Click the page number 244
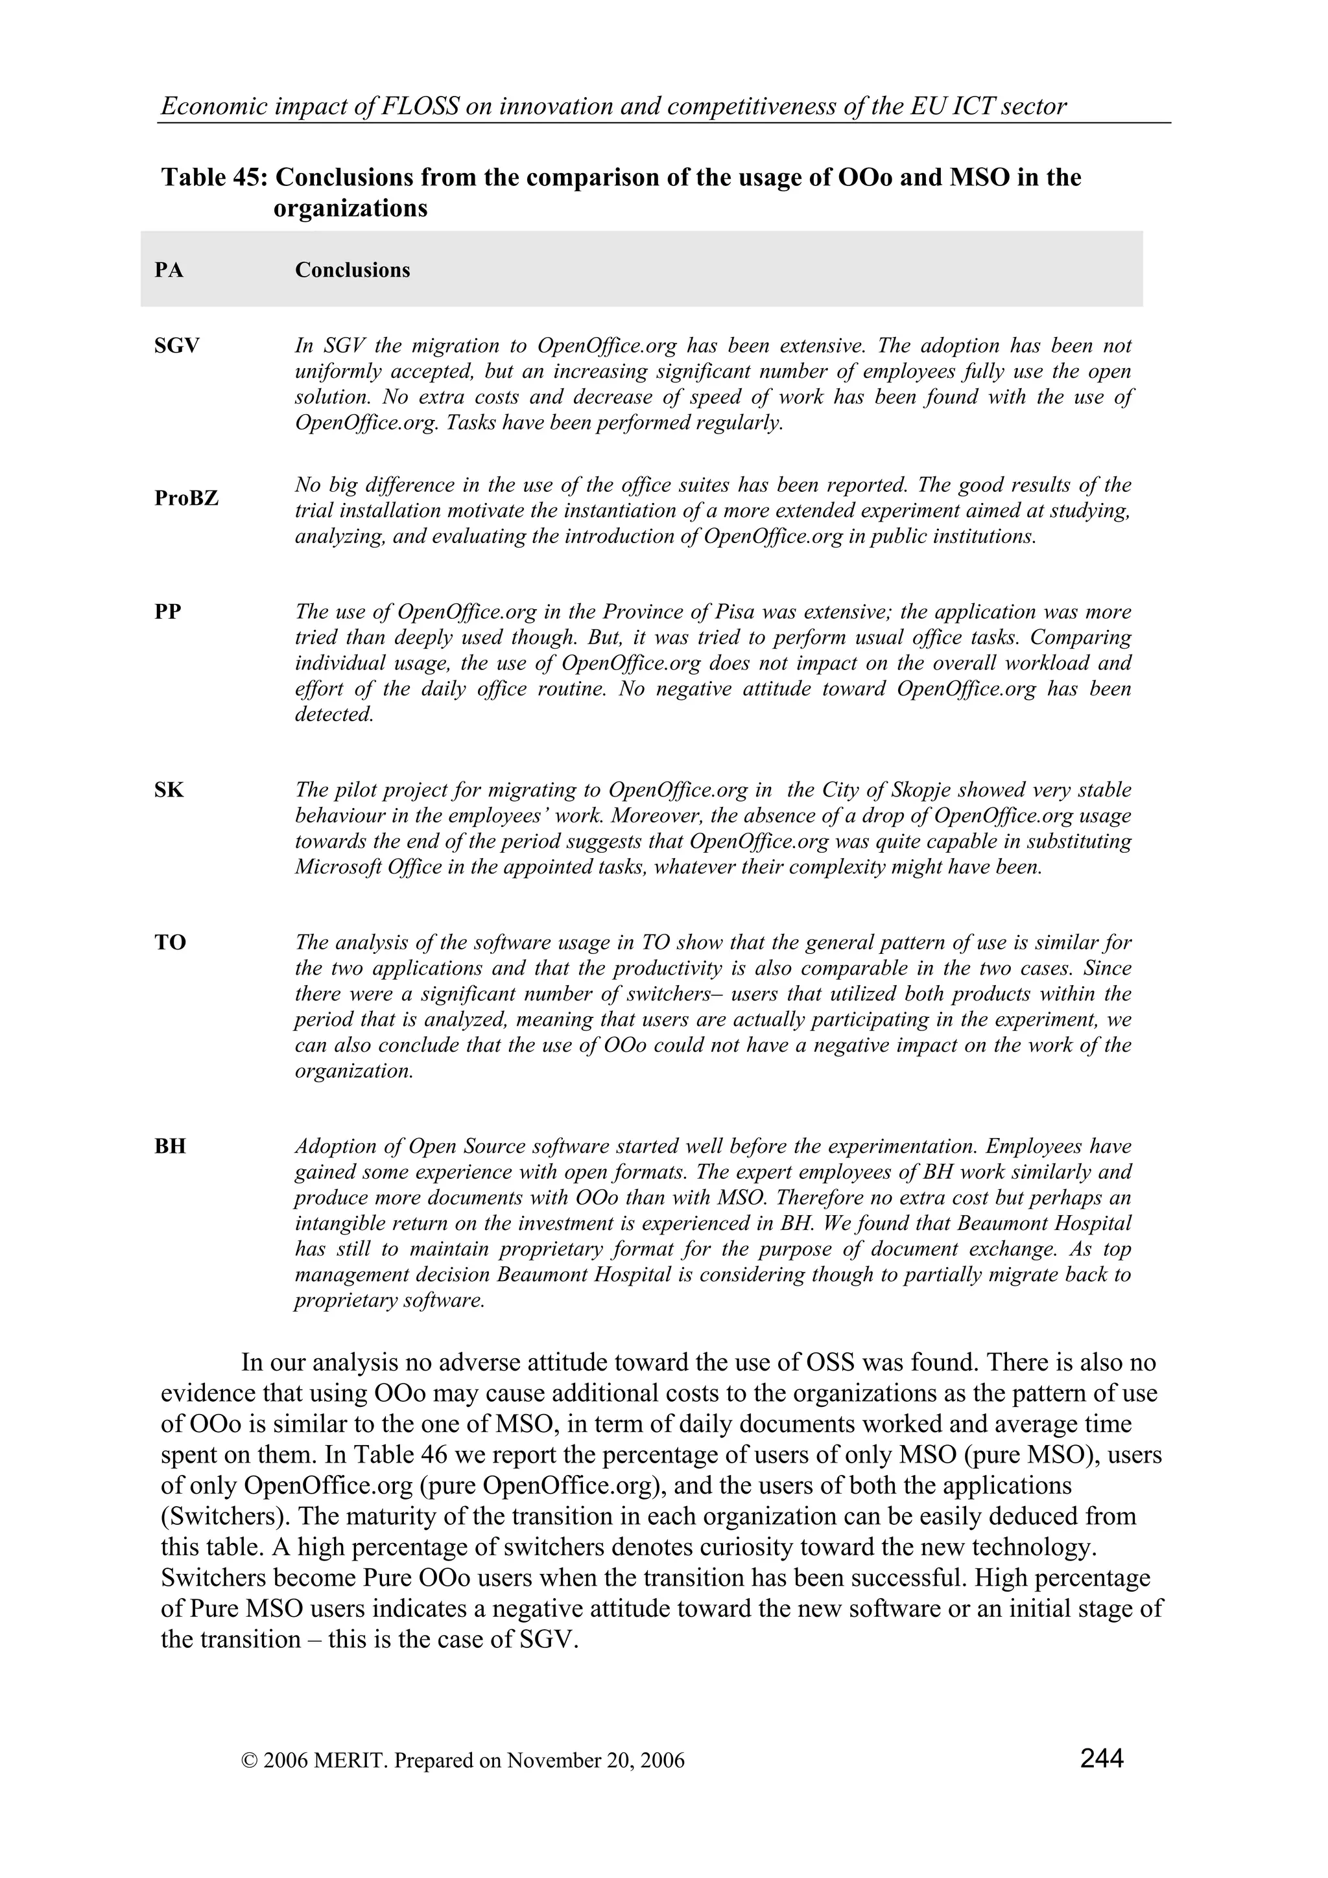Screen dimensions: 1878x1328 pos(1101,1757)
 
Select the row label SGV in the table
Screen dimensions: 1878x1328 pos(177,347)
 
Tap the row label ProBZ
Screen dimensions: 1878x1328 pos(187,498)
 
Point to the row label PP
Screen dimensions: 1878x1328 pos(168,612)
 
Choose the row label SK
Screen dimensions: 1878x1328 pos(169,790)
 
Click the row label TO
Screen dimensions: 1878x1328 pos(170,943)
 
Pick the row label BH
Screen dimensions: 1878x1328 pos(170,1147)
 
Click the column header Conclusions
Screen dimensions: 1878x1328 pos(353,270)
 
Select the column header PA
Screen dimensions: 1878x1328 pos(169,270)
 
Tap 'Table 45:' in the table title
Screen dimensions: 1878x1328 pos(216,178)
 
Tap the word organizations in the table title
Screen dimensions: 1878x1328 pos(350,209)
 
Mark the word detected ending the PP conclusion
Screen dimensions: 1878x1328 pos(334,714)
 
